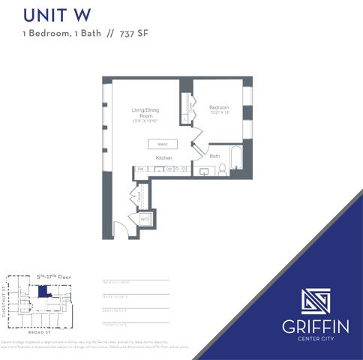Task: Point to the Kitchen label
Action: (164, 158)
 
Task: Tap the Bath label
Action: (214, 156)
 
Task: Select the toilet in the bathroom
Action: (221, 170)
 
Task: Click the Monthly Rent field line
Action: (135, 281)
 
